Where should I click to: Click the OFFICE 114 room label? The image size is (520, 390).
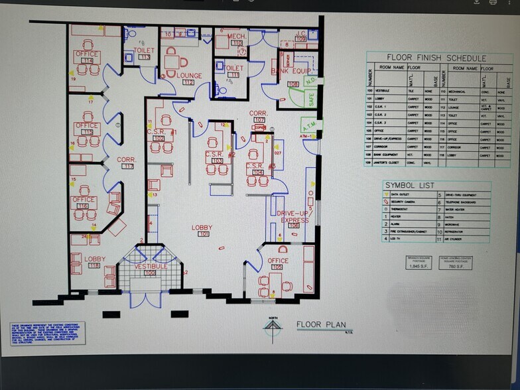pos(86,57)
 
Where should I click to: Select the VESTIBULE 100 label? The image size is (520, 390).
pos(151,269)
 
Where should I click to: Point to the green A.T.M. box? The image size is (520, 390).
pos(309,126)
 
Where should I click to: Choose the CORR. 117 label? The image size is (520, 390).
pos(127,162)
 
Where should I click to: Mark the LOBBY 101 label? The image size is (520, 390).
pos(202,231)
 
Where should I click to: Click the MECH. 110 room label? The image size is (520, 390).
pos(237,39)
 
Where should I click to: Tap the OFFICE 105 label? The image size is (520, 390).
pos(278,264)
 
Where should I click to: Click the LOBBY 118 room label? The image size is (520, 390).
pos(94,262)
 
